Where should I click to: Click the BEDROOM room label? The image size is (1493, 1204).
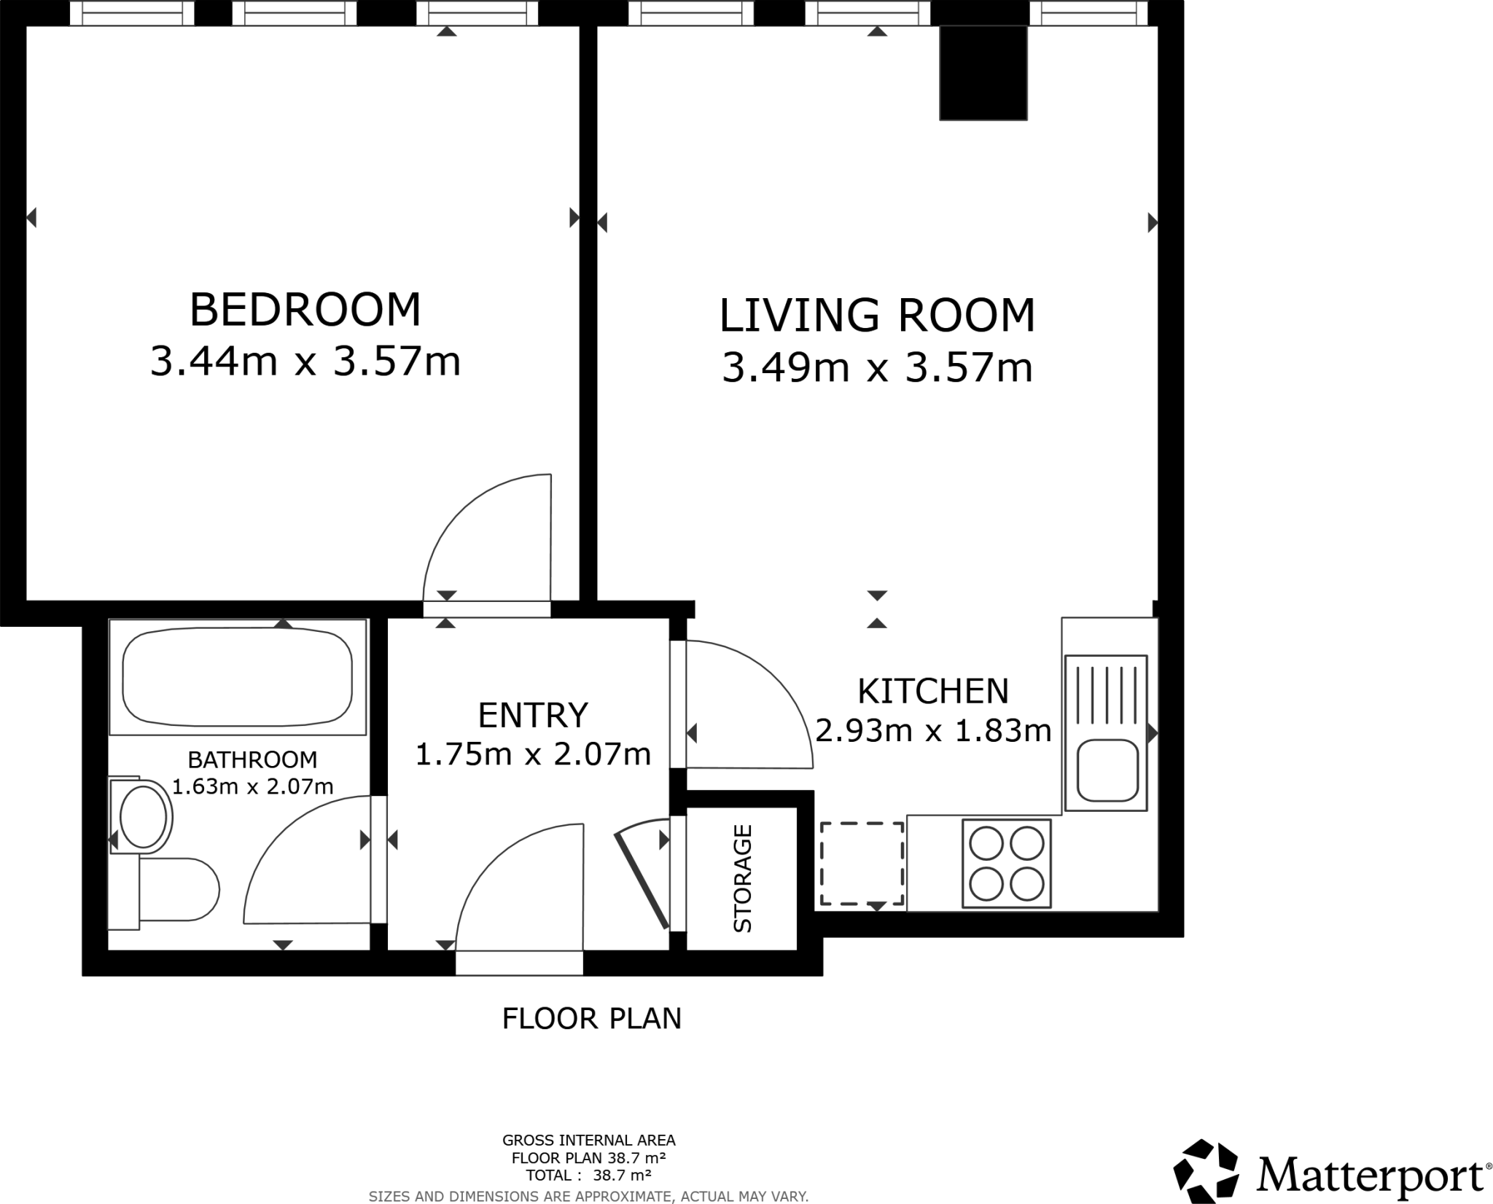pyautogui.click(x=305, y=310)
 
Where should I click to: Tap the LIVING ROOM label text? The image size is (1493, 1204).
pyautogui.click(x=877, y=316)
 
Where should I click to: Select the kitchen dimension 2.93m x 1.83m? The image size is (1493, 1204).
pyautogui.click(x=933, y=730)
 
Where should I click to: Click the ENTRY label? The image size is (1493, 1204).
pyautogui.click(x=532, y=715)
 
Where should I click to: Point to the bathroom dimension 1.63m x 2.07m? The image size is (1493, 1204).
pyautogui.click(x=252, y=786)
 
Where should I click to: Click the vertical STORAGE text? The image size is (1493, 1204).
pyautogui.click(x=742, y=878)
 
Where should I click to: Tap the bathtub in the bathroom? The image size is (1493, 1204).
pyautogui.click(x=237, y=678)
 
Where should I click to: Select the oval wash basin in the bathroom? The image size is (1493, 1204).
pyautogui.click(x=144, y=816)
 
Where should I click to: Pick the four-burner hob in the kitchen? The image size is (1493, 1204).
pyautogui.click(x=1006, y=864)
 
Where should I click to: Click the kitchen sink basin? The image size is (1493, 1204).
pyautogui.click(x=1107, y=770)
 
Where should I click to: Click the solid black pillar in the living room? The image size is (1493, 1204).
pyautogui.click(x=983, y=73)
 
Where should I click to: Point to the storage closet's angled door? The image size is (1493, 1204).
pyautogui.click(x=642, y=882)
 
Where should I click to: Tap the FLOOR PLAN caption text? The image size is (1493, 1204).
pyautogui.click(x=591, y=1018)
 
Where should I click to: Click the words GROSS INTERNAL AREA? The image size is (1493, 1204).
pyautogui.click(x=588, y=1140)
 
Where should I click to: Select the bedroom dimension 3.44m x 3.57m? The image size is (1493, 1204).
pyautogui.click(x=305, y=361)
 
